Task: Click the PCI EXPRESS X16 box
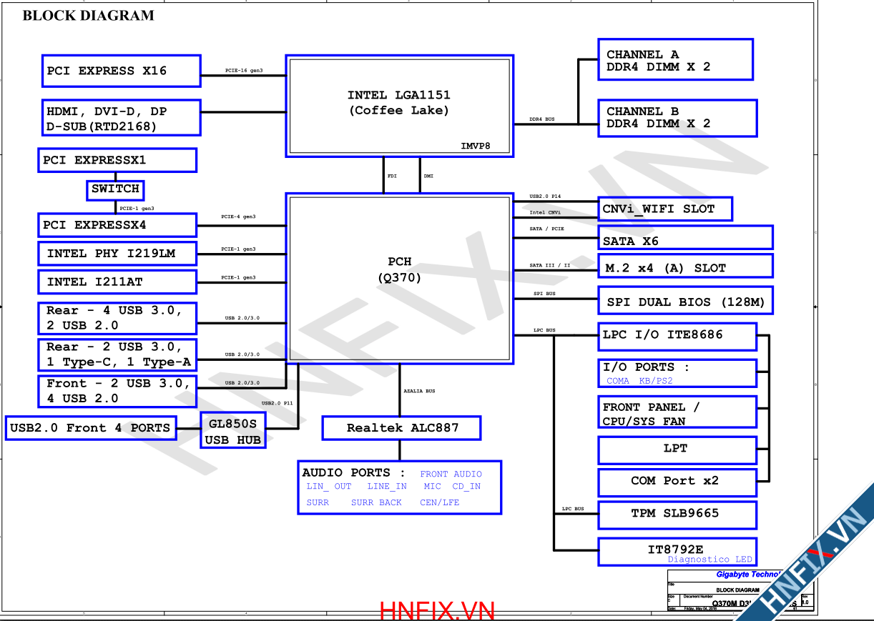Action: coord(121,71)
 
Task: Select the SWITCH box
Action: coord(115,189)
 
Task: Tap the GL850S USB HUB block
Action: coord(232,431)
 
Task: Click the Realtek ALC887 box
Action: coord(401,428)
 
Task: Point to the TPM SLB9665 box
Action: coord(677,514)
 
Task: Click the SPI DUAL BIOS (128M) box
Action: coord(684,302)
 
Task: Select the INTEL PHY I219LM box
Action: coord(117,254)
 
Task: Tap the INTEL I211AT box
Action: coord(117,282)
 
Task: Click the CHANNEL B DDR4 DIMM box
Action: coord(677,118)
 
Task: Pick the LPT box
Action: coord(677,449)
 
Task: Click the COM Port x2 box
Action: coord(677,482)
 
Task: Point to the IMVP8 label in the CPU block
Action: coord(475,146)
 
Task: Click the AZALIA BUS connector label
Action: coord(419,391)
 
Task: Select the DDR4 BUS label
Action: coord(541,119)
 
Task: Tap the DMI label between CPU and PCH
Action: coord(428,176)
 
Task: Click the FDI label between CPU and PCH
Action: coord(392,176)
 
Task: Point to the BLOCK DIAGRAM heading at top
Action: coord(88,15)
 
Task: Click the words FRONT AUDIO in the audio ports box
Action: coord(451,474)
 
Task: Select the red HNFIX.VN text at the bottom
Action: coord(437,611)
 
